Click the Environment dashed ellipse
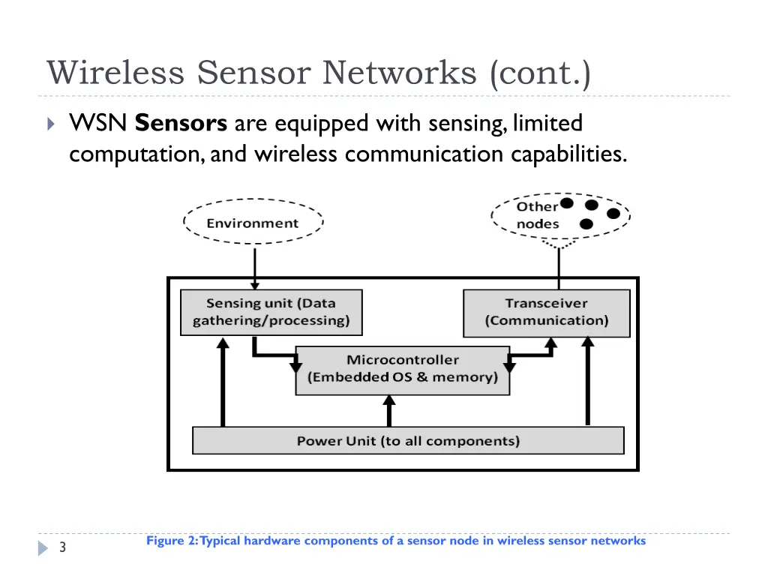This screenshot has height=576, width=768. (253, 223)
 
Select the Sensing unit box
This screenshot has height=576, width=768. (271, 312)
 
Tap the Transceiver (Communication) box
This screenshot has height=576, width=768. (546, 312)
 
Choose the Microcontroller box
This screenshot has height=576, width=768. (402, 369)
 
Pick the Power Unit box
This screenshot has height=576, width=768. (408, 440)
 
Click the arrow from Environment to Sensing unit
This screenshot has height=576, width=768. (255, 266)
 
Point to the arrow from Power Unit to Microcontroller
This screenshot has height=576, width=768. (388, 411)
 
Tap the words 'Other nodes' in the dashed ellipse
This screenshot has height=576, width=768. (537, 215)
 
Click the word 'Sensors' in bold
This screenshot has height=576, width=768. (181, 122)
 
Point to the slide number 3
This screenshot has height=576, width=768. (63, 548)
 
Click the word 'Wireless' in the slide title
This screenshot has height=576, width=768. (115, 73)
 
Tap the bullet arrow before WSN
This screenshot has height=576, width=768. (50, 124)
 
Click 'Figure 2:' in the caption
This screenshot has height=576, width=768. (172, 541)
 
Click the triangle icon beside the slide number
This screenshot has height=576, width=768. (43, 549)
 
